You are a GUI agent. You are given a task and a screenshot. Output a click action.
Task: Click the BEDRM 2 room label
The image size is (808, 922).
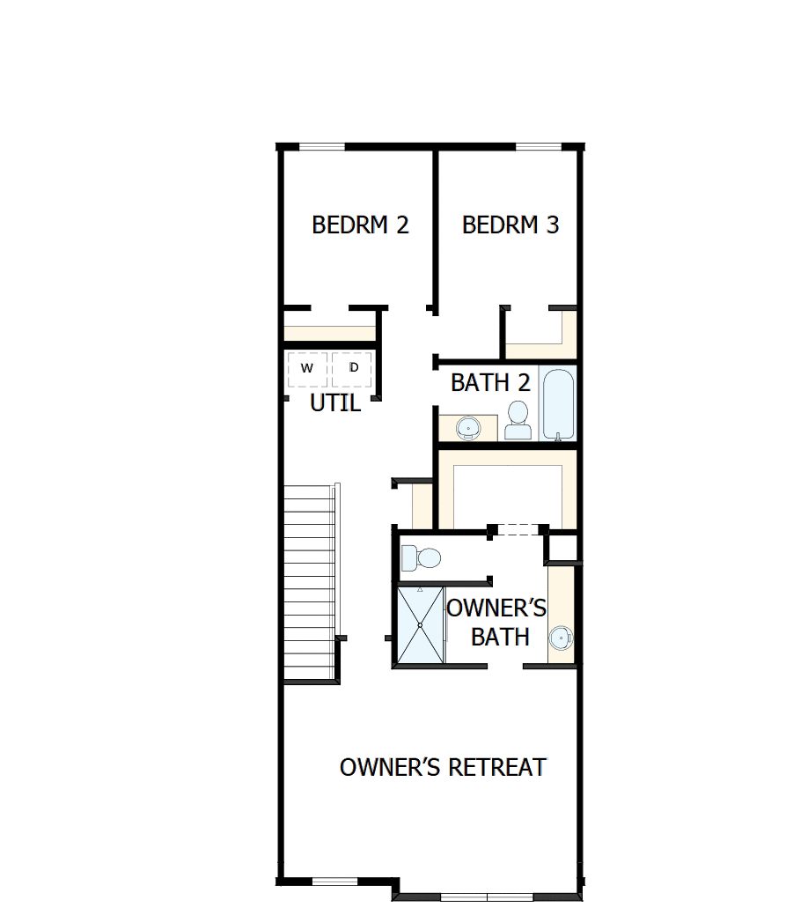coord(360,225)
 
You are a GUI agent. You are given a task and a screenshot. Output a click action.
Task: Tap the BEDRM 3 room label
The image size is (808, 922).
coord(511,225)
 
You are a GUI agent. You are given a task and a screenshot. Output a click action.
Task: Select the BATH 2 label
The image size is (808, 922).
coord(490,383)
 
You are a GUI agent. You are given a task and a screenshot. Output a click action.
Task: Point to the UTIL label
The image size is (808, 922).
coord(335,404)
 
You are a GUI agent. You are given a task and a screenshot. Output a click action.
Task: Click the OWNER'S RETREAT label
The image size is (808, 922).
coord(443,767)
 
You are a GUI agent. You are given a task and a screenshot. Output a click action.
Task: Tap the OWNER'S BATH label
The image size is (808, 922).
coord(497,622)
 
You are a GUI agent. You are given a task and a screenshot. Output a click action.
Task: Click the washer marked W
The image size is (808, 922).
coord(306,368)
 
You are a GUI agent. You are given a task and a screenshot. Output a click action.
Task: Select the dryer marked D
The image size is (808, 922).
coord(353,368)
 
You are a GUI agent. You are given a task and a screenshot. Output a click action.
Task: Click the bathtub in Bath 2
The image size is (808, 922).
coord(558,403)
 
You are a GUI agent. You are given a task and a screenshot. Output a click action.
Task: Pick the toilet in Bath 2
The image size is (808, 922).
coord(518,420)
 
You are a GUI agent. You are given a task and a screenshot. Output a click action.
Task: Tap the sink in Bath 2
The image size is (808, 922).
coord(468,428)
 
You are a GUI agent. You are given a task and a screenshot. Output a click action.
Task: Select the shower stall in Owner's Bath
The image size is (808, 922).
coord(420,625)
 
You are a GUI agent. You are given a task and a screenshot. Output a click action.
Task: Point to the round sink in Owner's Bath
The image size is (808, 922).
coord(561,637)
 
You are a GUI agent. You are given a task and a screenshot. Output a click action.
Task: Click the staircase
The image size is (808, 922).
coord(310,581)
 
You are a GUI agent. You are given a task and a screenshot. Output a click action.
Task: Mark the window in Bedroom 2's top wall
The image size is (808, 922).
coord(321,146)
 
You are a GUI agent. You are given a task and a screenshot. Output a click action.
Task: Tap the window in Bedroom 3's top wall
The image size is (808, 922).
coord(538,146)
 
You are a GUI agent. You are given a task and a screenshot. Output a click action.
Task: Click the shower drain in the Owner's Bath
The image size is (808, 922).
coord(420,625)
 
